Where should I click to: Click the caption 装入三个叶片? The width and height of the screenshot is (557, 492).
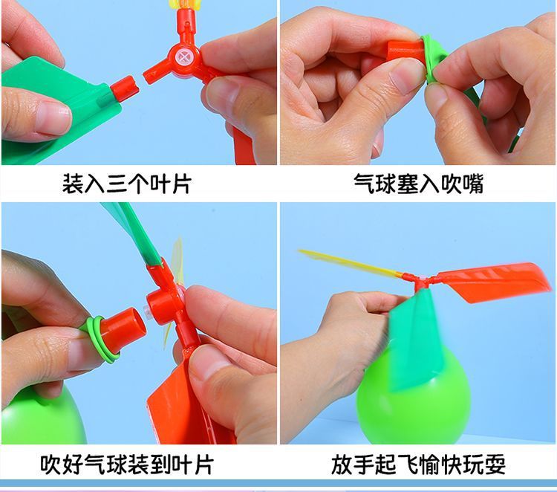click(127, 184)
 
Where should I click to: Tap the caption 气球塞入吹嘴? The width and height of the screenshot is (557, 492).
click(418, 184)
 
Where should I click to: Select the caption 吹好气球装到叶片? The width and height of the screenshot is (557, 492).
click(127, 465)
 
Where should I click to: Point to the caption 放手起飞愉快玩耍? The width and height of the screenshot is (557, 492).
click(418, 465)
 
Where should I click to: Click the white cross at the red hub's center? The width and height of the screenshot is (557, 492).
click(184, 56)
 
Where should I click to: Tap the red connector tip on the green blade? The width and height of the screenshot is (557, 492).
click(125, 88)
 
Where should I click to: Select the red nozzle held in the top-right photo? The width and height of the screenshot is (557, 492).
click(405, 51)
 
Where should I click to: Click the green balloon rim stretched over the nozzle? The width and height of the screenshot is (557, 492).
click(434, 59)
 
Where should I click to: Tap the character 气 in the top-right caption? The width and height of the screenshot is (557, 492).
click(364, 184)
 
